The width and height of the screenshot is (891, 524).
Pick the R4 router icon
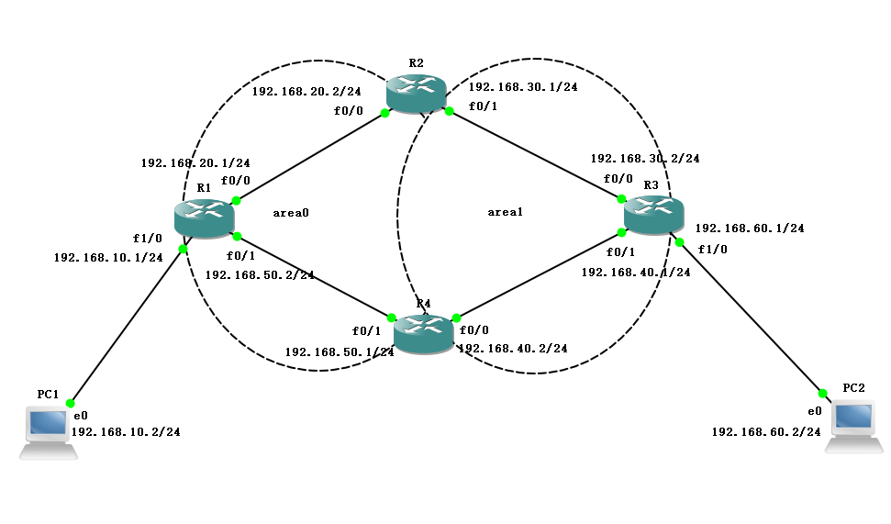(x=424, y=333)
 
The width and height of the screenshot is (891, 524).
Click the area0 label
(x=291, y=212)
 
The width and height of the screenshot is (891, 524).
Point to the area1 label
(x=505, y=212)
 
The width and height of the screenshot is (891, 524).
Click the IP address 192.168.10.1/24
(x=108, y=257)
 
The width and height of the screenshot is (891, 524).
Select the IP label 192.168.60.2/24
(x=765, y=431)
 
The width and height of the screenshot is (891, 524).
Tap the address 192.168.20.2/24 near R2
(x=306, y=91)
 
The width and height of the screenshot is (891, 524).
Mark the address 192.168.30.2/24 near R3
(x=644, y=158)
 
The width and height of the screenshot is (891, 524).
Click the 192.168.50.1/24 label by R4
(x=339, y=351)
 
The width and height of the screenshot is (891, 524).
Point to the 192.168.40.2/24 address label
(x=512, y=349)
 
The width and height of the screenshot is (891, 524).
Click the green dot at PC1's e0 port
(x=70, y=403)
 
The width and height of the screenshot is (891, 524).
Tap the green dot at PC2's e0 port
(x=822, y=393)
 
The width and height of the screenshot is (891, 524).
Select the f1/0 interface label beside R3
(x=712, y=249)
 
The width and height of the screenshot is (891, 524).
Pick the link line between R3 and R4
(x=540, y=274)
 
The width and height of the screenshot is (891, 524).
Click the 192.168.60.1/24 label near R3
(x=750, y=228)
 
